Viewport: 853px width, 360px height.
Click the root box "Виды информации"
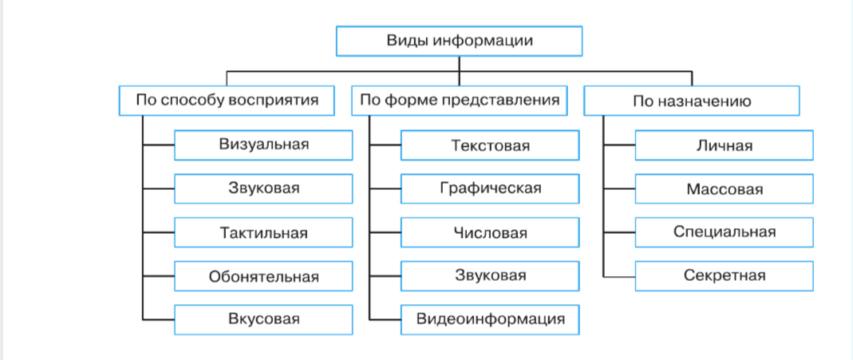(459, 41)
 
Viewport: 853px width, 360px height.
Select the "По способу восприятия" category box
(227, 101)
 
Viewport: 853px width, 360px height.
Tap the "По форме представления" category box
(459, 101)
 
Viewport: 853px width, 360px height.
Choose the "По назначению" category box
(692, 101)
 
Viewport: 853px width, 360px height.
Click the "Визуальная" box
(263, 145)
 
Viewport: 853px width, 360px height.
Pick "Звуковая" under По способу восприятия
(263, 189)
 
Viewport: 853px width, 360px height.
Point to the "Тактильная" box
(263, 233)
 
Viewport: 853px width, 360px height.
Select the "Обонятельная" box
(263, 277)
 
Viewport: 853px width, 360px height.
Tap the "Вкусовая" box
(263, 319)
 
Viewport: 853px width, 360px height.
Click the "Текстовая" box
(490, 145)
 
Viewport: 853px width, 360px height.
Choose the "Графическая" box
(490, 189)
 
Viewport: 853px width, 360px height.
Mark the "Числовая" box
(490, 233)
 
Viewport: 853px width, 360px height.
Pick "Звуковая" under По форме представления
(490, 276)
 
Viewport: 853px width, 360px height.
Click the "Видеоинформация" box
(490, 319)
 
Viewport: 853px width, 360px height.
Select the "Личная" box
(724, 145)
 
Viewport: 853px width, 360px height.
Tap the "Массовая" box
(724, 189)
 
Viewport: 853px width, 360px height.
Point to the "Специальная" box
(724, 233)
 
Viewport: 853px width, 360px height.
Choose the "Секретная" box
(724, 276)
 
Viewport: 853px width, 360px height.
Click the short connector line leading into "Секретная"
(620, 276)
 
